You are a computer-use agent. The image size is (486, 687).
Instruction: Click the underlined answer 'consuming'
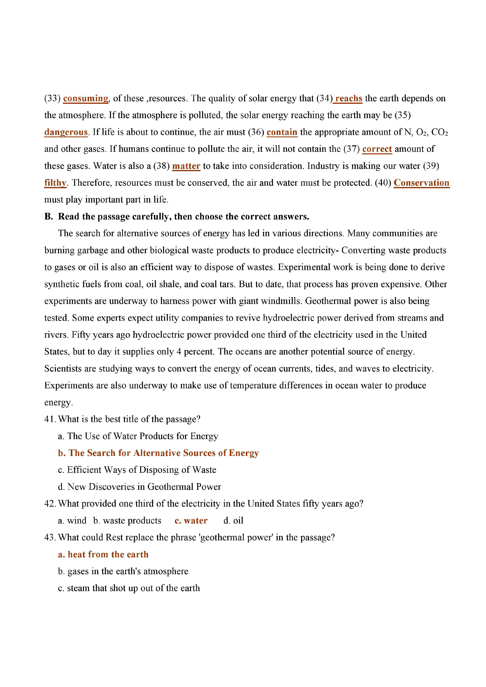pos(86,99)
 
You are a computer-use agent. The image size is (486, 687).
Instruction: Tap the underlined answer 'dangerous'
pos(66,132)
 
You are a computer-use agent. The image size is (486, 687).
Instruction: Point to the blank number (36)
pos(256,132)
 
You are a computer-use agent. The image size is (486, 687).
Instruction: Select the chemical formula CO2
pos(439,132)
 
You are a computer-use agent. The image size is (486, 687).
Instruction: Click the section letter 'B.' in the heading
pos(48,216)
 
